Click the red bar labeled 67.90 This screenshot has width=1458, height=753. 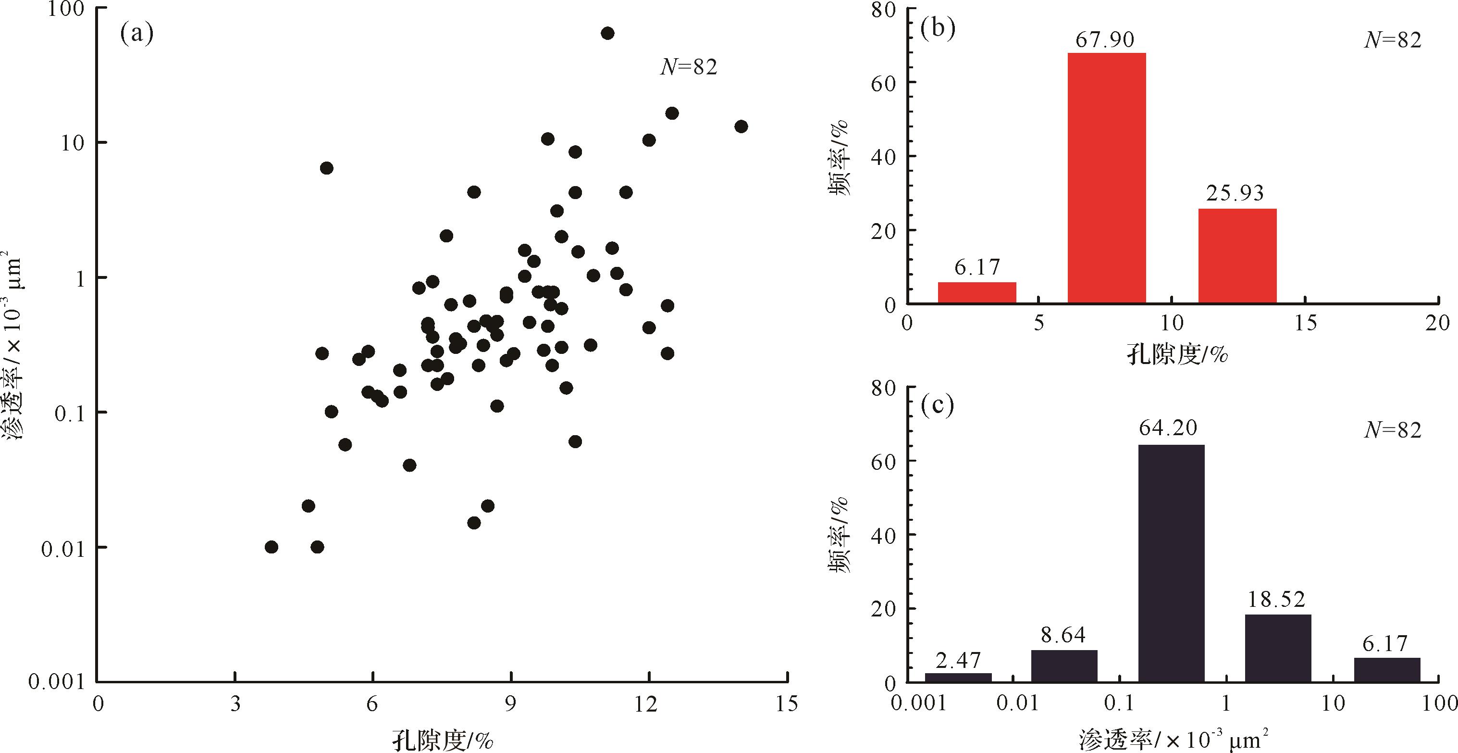tap(1107, 178)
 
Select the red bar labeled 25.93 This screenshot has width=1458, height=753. tap(1237, 256)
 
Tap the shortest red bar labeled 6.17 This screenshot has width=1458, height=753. tap(977, 293)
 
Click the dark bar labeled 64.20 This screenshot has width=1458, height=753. tap(1171, 564)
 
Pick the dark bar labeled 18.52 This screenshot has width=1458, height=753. tap(1277, 648)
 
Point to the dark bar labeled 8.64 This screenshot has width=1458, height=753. tap(1064, 666)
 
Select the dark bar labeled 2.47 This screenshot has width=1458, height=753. tap(958, 677)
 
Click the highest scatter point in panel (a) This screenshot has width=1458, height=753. tap(607, 33)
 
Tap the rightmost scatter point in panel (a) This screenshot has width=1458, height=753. tap(741, 126)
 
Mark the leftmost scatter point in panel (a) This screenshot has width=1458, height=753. tap(272, 547)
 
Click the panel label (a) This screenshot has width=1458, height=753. tap(137, 35)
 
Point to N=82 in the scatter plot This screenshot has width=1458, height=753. tap(689, 67)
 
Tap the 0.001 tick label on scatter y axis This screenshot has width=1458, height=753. tap(55, 682)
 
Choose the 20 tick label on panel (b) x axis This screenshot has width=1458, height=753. tap(1437, 323)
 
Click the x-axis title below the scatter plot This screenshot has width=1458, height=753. tap(443, 740)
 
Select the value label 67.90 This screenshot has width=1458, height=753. tap(1105, 39)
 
